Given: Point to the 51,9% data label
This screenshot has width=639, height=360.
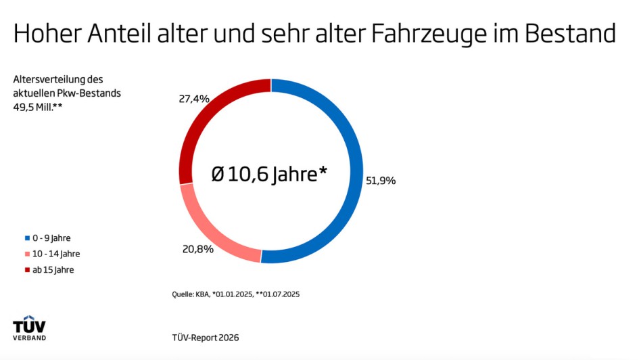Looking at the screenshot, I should pyautogui.click(x=381, y=181).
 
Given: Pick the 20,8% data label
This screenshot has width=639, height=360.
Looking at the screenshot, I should pyautogui.click(x=198, y=249).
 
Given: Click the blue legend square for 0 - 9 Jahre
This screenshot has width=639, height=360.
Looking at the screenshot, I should pyautogui.click(x=27, y=238).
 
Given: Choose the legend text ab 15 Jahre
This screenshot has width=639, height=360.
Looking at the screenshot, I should pyautogui.click(x=53, y=270).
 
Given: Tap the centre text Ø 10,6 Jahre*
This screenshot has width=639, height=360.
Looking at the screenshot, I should pyautogui.click(x=269, y=175).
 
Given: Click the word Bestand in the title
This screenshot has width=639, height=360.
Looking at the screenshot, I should pyautogui.click(x=573, y=34).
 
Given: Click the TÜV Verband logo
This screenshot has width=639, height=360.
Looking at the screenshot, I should pyautogui.click(x=30, y=328).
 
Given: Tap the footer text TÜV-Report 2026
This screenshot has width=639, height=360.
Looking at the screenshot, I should pyautogui.click(x=206, y=337).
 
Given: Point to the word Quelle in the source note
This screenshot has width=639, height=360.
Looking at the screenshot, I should pyautogui.click(x=183, y=294).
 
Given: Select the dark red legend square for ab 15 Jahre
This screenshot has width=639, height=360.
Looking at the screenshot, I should pyautogui.click(x=27, y=270).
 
